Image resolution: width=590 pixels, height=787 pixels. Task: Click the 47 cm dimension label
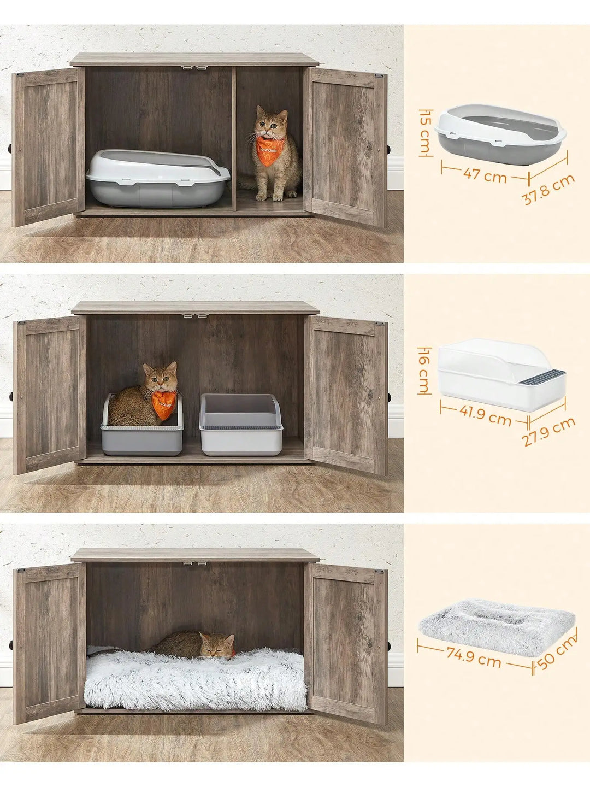pyautogui.click(x=485, y=177)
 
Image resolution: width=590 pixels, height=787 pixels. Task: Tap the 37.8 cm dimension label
pyautogui.click(x=548, y=189)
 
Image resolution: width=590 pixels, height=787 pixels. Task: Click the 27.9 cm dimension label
pyautogui.click(x=548, y=431)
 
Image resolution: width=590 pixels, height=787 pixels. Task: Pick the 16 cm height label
pyautogui.click(x=424, y=369)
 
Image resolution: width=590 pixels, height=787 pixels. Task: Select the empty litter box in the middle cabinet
pyautogui.click(x=241, y=425)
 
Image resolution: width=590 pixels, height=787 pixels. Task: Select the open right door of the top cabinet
pyautogui.click(x=345, y=146)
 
